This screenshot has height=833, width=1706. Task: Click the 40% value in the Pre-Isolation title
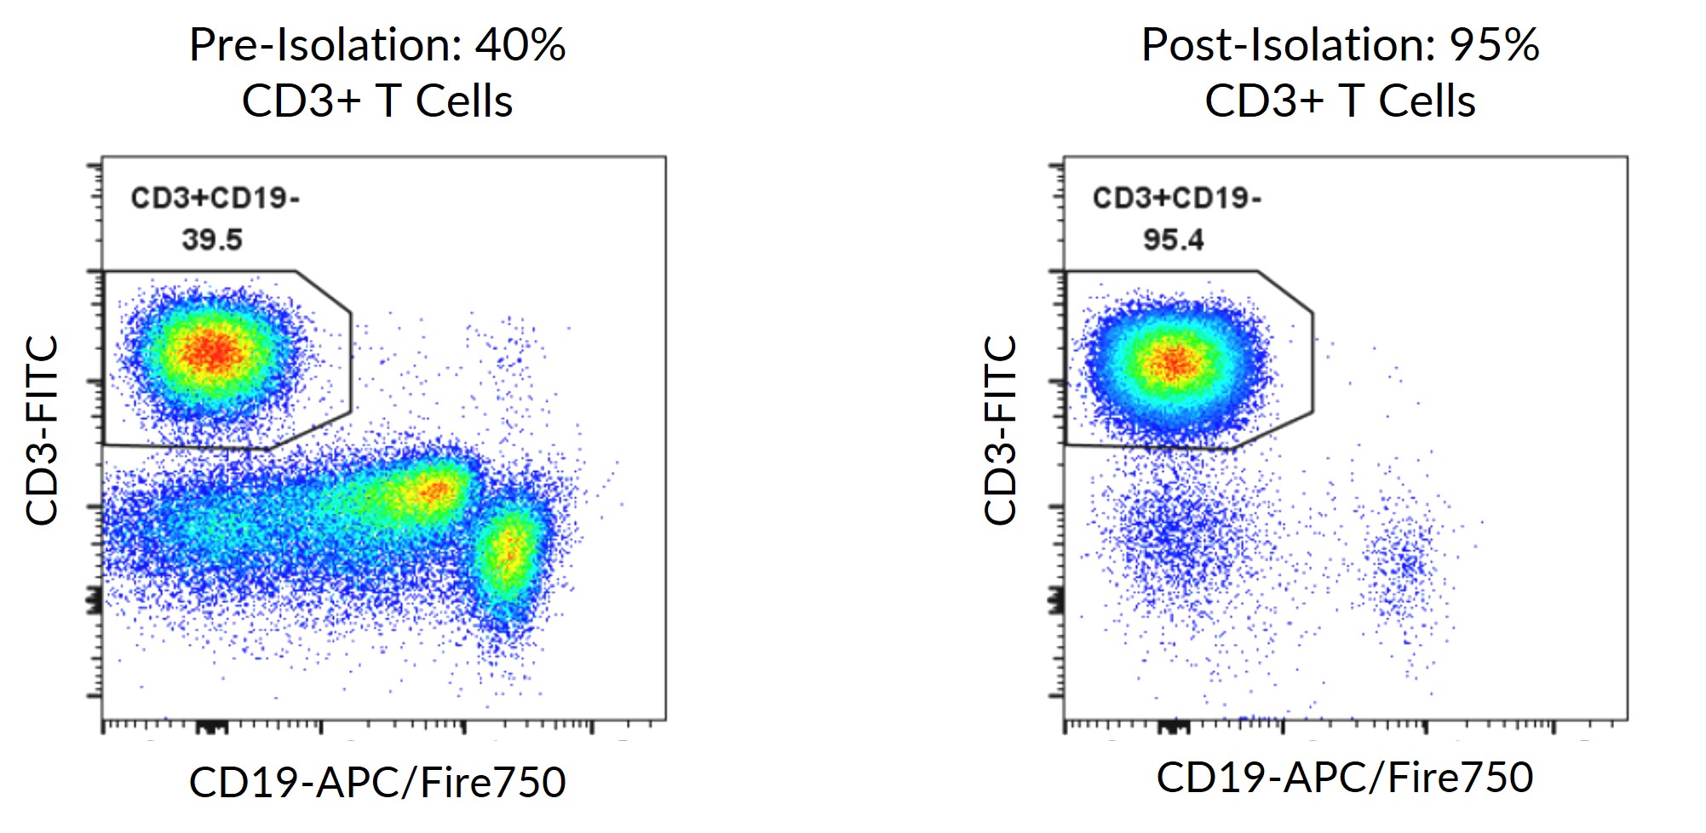click(520, 44)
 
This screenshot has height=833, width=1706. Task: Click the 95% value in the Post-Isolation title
click(1494, 44)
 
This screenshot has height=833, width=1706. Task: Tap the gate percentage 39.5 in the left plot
click(211, 239)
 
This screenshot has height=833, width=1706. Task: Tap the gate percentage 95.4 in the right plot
click(1174, 239)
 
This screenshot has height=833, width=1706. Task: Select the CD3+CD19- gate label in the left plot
click(215, 198)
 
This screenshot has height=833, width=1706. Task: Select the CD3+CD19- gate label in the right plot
click(1177, 198)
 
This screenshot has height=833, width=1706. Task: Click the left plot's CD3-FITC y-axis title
click(42, 430)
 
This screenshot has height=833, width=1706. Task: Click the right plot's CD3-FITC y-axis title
click(1001, 430)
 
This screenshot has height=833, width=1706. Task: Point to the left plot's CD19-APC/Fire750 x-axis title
click(377, 782)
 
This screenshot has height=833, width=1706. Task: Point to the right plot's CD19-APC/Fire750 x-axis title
click(1345, 777)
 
